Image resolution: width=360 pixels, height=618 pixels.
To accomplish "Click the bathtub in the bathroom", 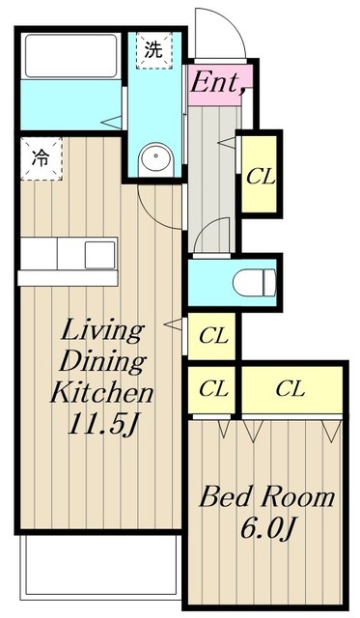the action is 70,56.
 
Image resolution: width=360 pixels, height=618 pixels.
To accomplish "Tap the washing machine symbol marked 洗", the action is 154,50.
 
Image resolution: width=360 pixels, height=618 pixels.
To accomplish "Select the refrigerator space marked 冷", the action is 41,158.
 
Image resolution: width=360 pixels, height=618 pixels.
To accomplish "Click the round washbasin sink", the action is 156,159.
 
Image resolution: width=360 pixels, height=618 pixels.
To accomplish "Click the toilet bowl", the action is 255,283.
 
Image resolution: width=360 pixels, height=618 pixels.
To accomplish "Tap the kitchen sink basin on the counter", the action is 100,254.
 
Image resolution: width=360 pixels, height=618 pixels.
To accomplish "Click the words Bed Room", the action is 267,497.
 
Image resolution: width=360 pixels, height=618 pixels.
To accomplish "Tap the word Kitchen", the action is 101,392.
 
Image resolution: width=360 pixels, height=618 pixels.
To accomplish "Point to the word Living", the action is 101,331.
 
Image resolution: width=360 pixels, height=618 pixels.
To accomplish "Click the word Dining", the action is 102,362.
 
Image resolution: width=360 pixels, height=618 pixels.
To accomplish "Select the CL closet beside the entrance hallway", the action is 259,174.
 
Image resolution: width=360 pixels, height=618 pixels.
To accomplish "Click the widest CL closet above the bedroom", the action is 291,389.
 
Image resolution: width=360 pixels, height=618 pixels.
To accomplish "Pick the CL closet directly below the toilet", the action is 212,336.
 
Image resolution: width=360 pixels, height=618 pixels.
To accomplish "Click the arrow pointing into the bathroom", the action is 111,123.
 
